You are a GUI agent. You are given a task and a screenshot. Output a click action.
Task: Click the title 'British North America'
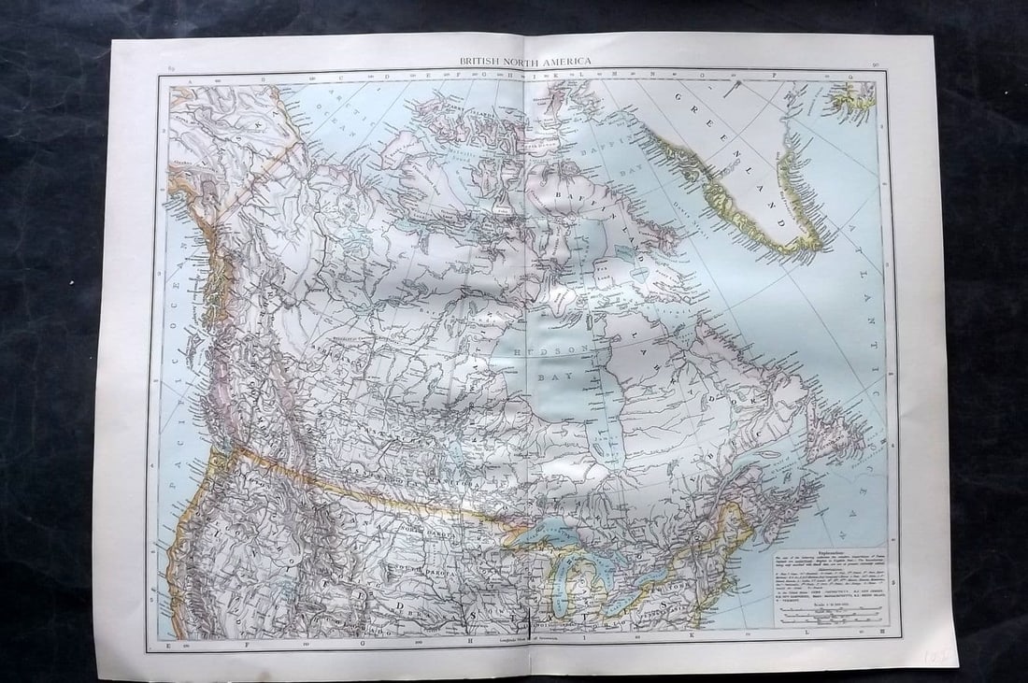click(x=524, y=62)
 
